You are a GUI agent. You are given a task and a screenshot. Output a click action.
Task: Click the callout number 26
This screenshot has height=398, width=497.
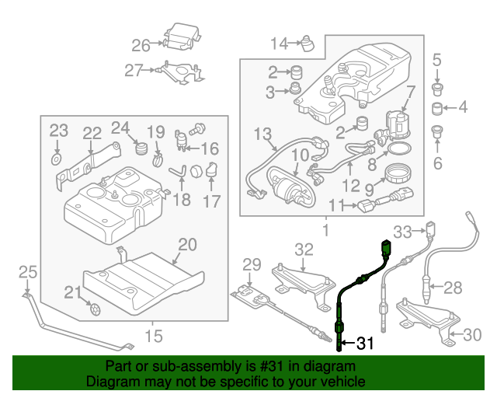point(141,44)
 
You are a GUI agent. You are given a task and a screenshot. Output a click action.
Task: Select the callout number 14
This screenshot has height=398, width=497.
point(278,42)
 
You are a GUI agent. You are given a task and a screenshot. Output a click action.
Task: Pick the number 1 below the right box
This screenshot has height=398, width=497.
point(325,231)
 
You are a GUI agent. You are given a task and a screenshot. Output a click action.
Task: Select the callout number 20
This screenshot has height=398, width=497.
point(187,245)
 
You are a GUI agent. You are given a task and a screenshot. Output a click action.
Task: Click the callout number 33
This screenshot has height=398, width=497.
point(401,231)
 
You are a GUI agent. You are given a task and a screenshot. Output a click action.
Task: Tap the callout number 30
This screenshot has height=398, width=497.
point(471,336)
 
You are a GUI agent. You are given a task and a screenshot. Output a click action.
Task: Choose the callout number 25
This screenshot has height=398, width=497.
point(28,272)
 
